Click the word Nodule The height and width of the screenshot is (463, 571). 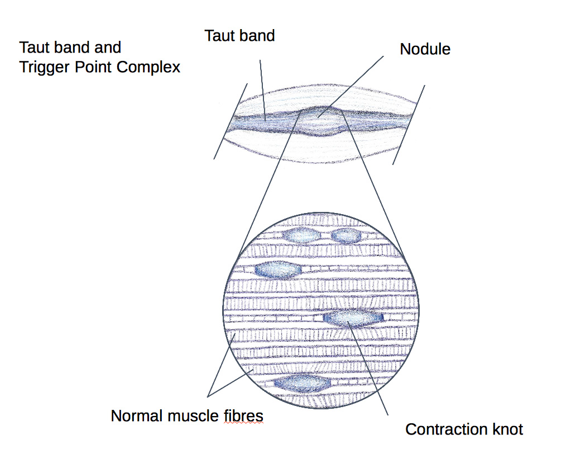tap(425, 49)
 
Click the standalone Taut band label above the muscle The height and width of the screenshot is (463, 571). tap(239, 36)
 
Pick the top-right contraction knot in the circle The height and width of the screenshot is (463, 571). tap(347, 235)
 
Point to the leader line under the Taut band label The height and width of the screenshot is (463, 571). tap(262, 84)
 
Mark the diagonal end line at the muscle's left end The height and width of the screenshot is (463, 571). tap(231, 120)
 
